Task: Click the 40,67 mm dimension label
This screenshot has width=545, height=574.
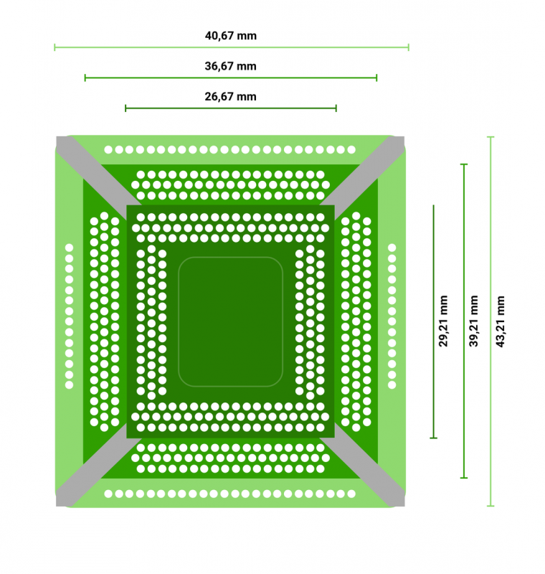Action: (230, 36)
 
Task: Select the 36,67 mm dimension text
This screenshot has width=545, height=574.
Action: (230, 66)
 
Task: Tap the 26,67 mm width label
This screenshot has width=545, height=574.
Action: (230, 97)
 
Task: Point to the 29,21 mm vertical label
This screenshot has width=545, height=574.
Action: (443, 321)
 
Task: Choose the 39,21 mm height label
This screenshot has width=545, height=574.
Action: (473, 321)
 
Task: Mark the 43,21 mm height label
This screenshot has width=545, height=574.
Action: (500, 321)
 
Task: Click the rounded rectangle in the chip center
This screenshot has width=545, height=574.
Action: (230, 321)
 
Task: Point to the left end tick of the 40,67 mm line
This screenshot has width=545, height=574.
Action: (54, 47)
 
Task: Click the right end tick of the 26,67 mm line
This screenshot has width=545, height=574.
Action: (336, 108)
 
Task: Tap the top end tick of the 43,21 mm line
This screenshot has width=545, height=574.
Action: (491, 137)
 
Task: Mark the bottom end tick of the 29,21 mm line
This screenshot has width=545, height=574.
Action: (433, 438)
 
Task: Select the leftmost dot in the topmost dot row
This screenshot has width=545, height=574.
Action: (108, 149)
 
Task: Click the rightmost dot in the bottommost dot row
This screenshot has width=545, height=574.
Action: (351, 494)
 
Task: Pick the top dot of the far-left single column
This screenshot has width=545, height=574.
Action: (69, 248)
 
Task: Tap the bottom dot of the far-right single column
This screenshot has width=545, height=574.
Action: (392, 385)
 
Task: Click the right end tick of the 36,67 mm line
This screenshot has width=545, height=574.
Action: (376, 77)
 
